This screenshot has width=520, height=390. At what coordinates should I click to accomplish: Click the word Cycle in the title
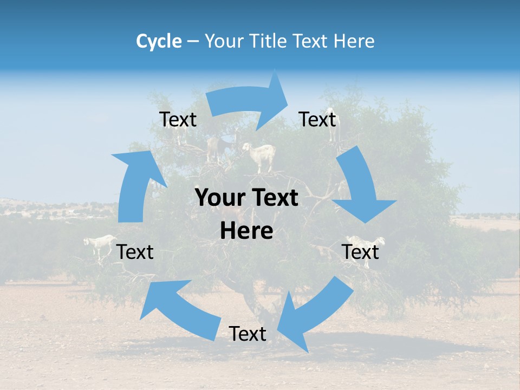click(159, 41)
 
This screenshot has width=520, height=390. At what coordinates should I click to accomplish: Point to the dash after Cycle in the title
click(192, 42)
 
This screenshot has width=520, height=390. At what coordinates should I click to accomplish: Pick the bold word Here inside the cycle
click(246, 231)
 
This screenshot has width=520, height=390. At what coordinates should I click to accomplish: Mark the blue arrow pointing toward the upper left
click(173, 309)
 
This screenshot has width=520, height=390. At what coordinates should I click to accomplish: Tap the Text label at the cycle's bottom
click(248, 334)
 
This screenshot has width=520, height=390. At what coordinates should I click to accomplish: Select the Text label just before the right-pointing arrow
click(178, 120)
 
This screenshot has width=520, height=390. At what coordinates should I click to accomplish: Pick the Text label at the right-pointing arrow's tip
click(317, 119)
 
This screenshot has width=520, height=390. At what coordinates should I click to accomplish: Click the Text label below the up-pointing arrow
click(135, 252)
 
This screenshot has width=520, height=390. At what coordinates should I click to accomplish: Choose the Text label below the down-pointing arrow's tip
click(360, 252)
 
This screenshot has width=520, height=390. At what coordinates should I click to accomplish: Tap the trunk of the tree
click(255, 303)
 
